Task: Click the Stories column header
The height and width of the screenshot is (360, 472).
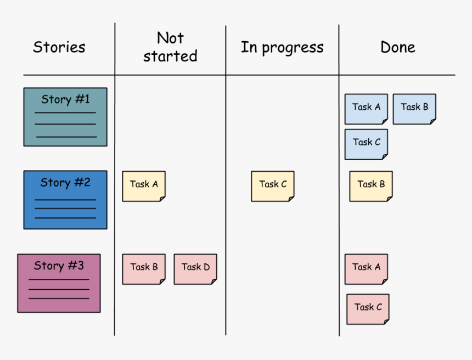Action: (59, 47)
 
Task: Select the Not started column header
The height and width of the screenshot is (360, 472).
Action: (170, 47)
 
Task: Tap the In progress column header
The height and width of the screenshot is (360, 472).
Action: (282, 48)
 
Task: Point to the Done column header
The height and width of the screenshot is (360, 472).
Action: (397, 47)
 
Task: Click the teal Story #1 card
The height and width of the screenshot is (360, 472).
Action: (65, 117)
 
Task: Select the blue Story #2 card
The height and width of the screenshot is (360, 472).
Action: (65, 200)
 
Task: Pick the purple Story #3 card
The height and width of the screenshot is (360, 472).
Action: (59, 283)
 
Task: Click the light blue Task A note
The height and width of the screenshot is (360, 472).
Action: (366, 109)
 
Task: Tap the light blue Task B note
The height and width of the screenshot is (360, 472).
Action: (414, 109)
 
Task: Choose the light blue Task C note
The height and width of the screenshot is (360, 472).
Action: (366, 144)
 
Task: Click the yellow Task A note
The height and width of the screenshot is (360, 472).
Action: (144, 186)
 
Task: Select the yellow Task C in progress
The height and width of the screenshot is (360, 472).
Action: (273, 186)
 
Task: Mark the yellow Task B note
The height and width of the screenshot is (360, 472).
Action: (371, 186)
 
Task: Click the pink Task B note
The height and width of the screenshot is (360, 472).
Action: (144, 269)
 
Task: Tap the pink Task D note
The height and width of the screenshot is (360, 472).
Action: (195, 269)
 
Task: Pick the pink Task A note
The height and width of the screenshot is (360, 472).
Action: (366, 269)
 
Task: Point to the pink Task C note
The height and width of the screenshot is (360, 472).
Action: (368, 309)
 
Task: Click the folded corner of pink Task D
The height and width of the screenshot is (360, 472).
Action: (213, 281)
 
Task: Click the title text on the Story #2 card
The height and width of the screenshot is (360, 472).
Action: (65, 183)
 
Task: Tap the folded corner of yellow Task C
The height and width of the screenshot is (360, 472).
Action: (290, 198)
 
